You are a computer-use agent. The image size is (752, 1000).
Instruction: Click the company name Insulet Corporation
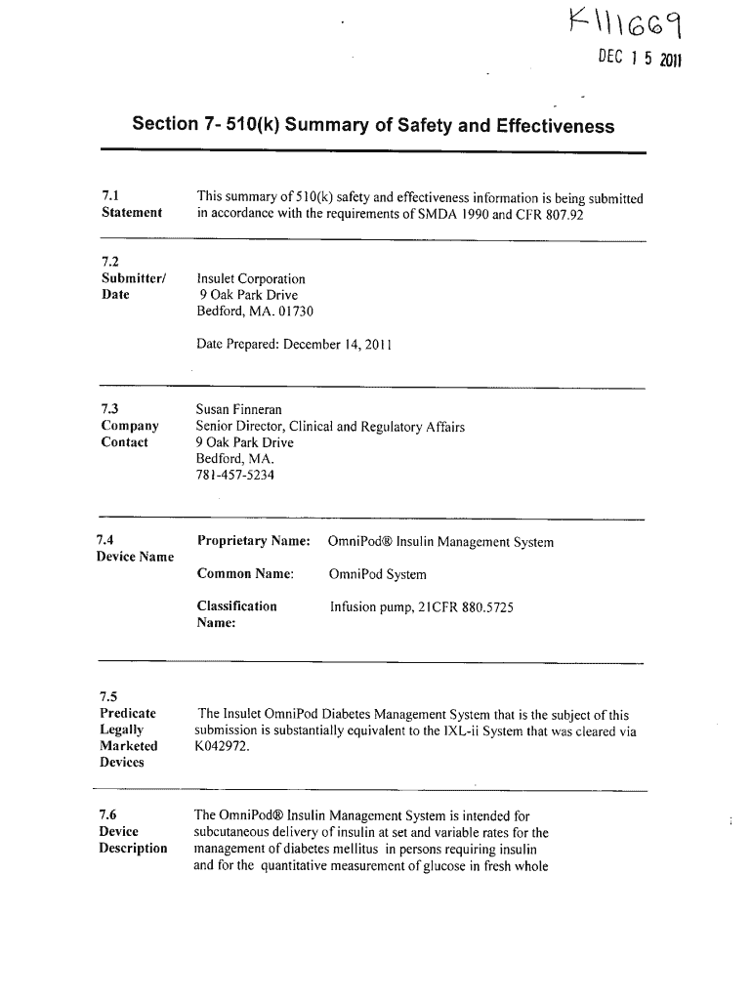251,279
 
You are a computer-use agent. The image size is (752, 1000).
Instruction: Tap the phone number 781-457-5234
235,476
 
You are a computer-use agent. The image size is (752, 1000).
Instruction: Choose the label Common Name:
245,573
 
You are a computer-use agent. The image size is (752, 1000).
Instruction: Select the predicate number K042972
223,746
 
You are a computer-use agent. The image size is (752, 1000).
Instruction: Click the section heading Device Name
135,557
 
